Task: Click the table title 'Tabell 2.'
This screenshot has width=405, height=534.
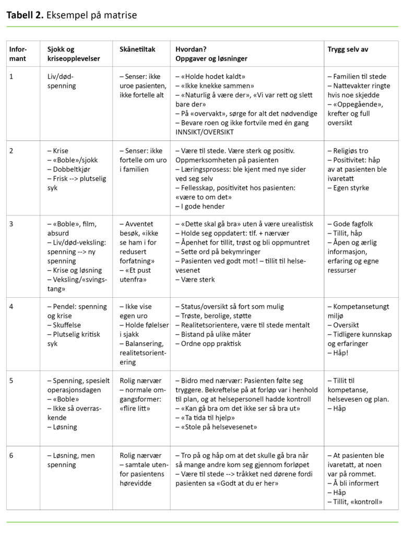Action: point(25,15)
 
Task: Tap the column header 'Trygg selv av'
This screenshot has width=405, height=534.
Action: point(348,50)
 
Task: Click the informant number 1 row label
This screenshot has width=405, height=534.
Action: point(11,76)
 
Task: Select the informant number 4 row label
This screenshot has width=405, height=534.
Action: point(11,307)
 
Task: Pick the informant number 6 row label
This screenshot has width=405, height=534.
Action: point(11,455)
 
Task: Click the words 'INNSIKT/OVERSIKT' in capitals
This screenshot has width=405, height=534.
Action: point(206,132)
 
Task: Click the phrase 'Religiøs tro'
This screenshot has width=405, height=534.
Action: point(351,151)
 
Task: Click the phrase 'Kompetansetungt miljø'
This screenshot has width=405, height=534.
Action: point(359,311)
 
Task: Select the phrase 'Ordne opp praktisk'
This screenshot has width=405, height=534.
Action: point(211,344)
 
